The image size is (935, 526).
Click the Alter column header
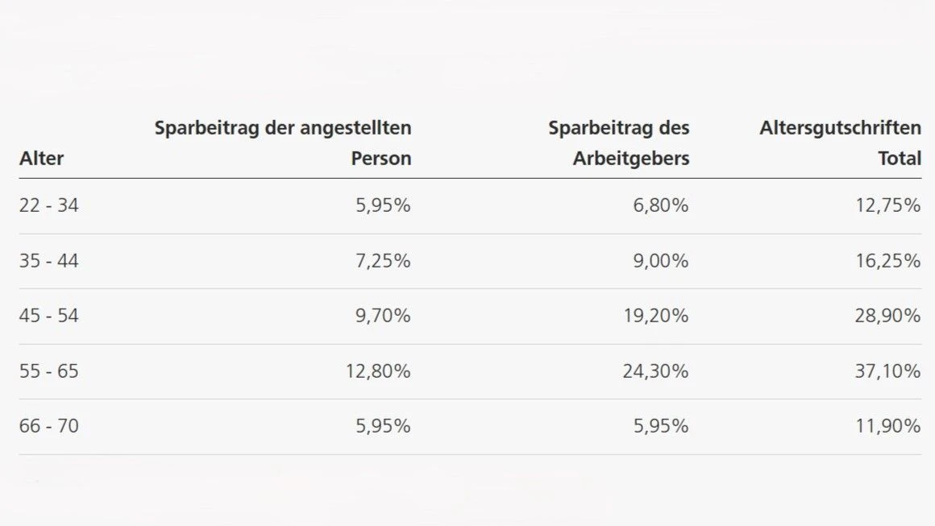(41, 159)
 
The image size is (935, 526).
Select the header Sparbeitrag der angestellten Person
(283, 143)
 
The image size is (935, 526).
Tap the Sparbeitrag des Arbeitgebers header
(619, 143)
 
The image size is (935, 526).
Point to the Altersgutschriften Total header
(840, 143)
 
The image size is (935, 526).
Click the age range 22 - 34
(49, 205)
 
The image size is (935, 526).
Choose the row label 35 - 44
(49, 261)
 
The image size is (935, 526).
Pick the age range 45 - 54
(49, 316)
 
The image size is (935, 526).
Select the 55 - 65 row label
(49, 371)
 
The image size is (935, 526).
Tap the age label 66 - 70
(49, 425)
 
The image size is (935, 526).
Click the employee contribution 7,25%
(383, 261)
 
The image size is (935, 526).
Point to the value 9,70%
(383, 316)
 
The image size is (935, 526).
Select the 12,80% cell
(378, 371)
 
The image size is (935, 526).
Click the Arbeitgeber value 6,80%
(661, 205)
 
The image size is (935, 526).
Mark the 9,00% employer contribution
(661, 261)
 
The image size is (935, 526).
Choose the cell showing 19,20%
(656, 316)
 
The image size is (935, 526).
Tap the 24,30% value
(656, 371)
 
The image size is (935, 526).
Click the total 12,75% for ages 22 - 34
(888, 205)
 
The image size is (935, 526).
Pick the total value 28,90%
(888, 316)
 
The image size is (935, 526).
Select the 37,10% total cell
(888, 371)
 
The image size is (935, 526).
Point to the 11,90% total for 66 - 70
(888, 425)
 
